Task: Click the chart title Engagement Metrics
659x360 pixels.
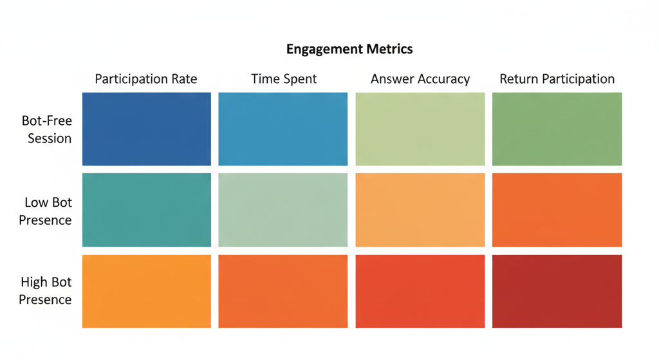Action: point(349,49)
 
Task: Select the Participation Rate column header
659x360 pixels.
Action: point(146,79)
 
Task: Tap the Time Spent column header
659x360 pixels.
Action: point(284,79)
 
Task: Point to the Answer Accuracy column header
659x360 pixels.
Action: point(420,80)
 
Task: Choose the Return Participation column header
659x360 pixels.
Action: point(557,79)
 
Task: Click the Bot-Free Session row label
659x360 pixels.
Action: point(46,129)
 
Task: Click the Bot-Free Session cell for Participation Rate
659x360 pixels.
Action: point(147,129)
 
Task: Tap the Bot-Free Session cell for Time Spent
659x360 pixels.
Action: point(283,129)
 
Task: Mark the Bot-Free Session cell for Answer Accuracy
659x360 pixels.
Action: point(420,129)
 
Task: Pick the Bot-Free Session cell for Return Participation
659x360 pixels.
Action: point(557,129)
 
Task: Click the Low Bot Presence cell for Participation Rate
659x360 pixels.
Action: point(147,210)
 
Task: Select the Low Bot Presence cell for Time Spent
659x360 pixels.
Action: point(283,210)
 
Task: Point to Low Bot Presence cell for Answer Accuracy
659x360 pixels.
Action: point(420,210)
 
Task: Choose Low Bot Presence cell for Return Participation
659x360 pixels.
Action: point(557,210)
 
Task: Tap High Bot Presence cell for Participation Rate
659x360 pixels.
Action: point(147,291)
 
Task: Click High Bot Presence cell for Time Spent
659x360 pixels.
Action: point(283,291)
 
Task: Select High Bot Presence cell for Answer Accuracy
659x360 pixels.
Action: point(420,291)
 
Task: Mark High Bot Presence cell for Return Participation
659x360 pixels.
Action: point(557,291)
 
